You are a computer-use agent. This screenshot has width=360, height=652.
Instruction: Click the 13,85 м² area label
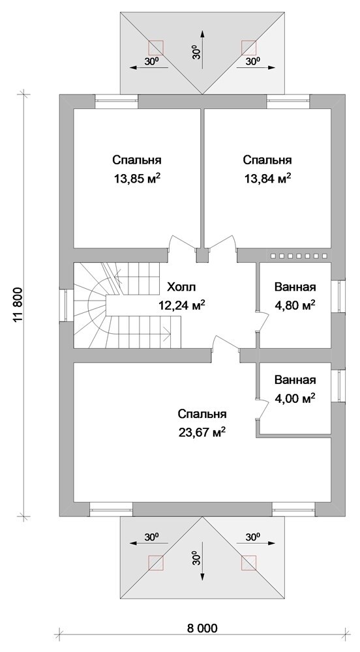click(137, 179)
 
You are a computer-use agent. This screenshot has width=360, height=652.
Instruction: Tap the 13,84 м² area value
click(267, 179)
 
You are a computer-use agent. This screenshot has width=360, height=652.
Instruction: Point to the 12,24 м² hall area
click(182, 306)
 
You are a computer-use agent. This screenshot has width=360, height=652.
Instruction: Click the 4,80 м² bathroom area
click(295, 306)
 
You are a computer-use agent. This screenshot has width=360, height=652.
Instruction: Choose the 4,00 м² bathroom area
click(295, 399)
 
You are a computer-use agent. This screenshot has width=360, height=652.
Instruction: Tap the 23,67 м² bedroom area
click(202, 432)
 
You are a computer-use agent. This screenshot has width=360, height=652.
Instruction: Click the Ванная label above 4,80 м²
click(295, 287)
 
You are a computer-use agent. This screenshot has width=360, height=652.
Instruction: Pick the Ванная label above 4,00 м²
click(295, 380)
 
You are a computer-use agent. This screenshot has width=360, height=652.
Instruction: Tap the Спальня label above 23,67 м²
click(202, 414)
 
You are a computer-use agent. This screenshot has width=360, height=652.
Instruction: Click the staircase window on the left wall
click(66, 305)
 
